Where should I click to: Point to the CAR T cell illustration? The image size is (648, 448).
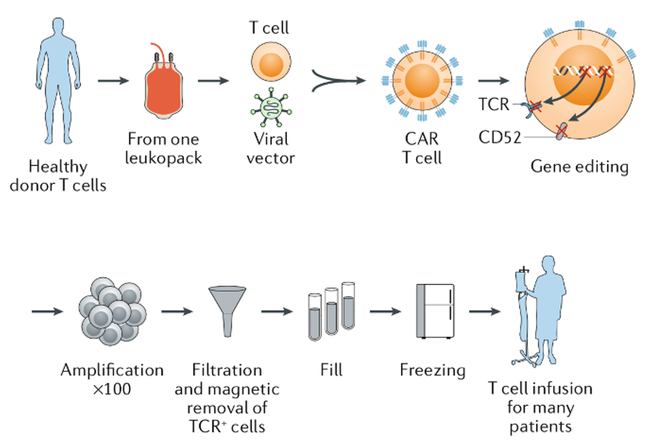421,81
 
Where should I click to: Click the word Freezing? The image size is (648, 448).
432,370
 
